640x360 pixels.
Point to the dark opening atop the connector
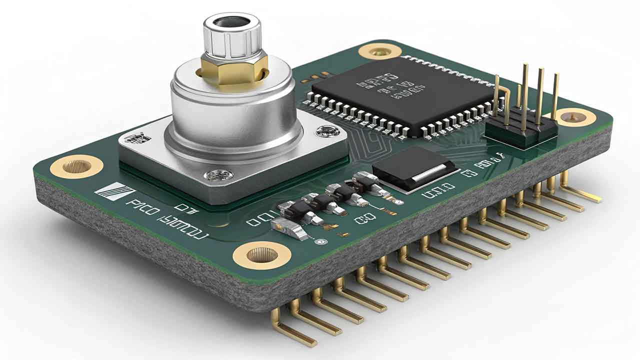coord(231,22)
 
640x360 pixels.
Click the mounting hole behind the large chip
coord(379,51)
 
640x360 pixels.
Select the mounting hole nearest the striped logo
coord(76,166)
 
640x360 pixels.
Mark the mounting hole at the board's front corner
coord(261,255)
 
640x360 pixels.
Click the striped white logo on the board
coord(114,192)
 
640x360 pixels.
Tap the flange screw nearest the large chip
coord(327,131)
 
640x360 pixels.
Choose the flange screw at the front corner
coord(219,175)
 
